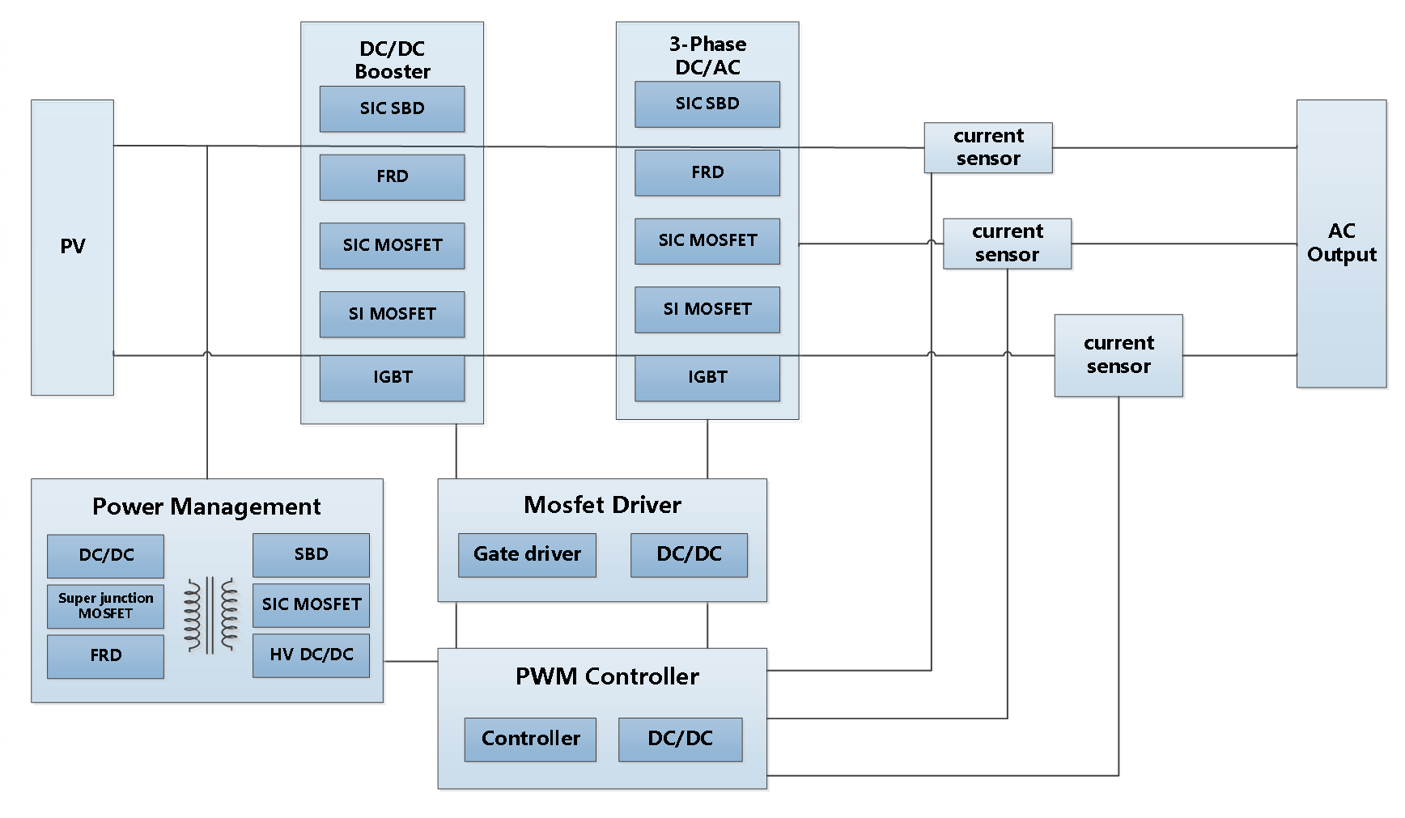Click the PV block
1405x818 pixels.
point(72,247)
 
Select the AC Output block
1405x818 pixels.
point(1341,243)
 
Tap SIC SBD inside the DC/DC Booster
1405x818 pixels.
point(392,108)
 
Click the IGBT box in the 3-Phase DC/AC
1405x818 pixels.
point(707,377)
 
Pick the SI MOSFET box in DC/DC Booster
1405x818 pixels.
point(392,314)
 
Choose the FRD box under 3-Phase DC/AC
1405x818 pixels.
point(707,172)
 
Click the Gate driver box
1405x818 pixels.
point(527,554)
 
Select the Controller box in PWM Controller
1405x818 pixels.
point(530,739)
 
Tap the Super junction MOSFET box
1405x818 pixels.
point(105,606)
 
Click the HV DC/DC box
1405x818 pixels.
point(311,655)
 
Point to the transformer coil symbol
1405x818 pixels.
point(210,614)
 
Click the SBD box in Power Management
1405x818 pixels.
point(311,554)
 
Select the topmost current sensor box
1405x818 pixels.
point(988,147)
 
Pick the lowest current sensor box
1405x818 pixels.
point(1118,355)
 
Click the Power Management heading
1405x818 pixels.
point(206,506)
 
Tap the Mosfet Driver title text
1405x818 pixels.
point(602,505)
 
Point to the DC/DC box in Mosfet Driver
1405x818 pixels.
point(689,554)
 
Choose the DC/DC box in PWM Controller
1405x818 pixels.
point(680,739)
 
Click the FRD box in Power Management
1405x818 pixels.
point(105,655)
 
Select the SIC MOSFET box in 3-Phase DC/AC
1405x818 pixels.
point(707,240)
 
